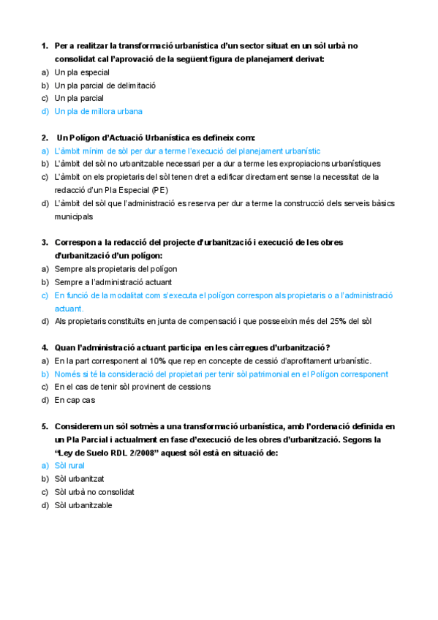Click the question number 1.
tap(45, 46)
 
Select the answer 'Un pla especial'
tap(82, 72)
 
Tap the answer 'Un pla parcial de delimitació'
tap(105, 86)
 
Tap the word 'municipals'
tap(74, 216)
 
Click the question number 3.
tap(45, 242)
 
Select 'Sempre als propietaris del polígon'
tap(116, 269)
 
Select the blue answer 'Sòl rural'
tap(69, 465)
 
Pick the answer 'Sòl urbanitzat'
tap(78, 478)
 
